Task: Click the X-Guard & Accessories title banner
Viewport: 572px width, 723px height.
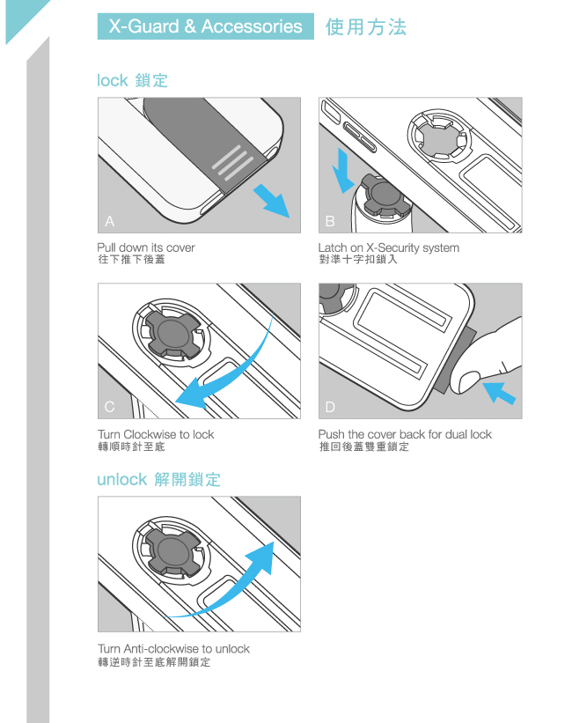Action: [206, 26]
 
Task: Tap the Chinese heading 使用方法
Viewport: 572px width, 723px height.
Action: [366, 26]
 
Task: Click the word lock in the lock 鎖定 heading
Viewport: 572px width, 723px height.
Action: [112, 80]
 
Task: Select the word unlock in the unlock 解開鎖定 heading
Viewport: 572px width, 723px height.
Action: [121, 480]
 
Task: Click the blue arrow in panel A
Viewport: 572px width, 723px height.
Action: [272, 201]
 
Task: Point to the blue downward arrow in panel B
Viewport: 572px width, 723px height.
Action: [345, 171]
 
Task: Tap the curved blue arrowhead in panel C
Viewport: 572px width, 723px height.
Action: [193, 394]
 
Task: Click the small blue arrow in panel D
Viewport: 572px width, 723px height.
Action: [499, 394]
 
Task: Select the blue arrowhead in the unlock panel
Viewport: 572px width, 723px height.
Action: [260, 557]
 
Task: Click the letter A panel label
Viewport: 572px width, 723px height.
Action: [109, 221]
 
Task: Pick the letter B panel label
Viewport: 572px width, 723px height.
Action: [330, 222]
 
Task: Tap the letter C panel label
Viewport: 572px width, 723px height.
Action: [109, 407]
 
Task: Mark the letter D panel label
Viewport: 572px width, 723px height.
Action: [330, 407]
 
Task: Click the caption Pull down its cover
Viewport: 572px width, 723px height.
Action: [146, 247]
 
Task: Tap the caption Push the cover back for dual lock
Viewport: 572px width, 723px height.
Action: [405, 434]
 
